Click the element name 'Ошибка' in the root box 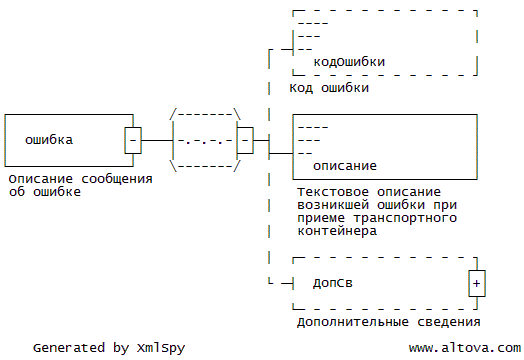(x=49, y=140)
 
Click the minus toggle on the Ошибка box (x=133, y=140)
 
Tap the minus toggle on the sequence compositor (x=245, y=140)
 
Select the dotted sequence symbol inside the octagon (x=205, y=141)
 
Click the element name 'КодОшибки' (x=349, y=62)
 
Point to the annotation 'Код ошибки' (x=329, y=88)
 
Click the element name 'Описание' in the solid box (x=345, y=166)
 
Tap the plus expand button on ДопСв (x=477, y=283)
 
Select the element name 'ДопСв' (x=333, y=283)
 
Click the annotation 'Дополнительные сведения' (x=389, y=322)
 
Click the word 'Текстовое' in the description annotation (x=333, y=192)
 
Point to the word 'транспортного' (x=405, y=218)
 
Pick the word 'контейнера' (x=337, y=231)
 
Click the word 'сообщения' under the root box (x=117, y=179)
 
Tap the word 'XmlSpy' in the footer (x=161, y=348)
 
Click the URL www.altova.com (x=465, y=348)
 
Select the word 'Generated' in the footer (x=69, y=348)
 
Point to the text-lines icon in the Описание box (x=312, y=140)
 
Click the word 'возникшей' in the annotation (x=333, y=205)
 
